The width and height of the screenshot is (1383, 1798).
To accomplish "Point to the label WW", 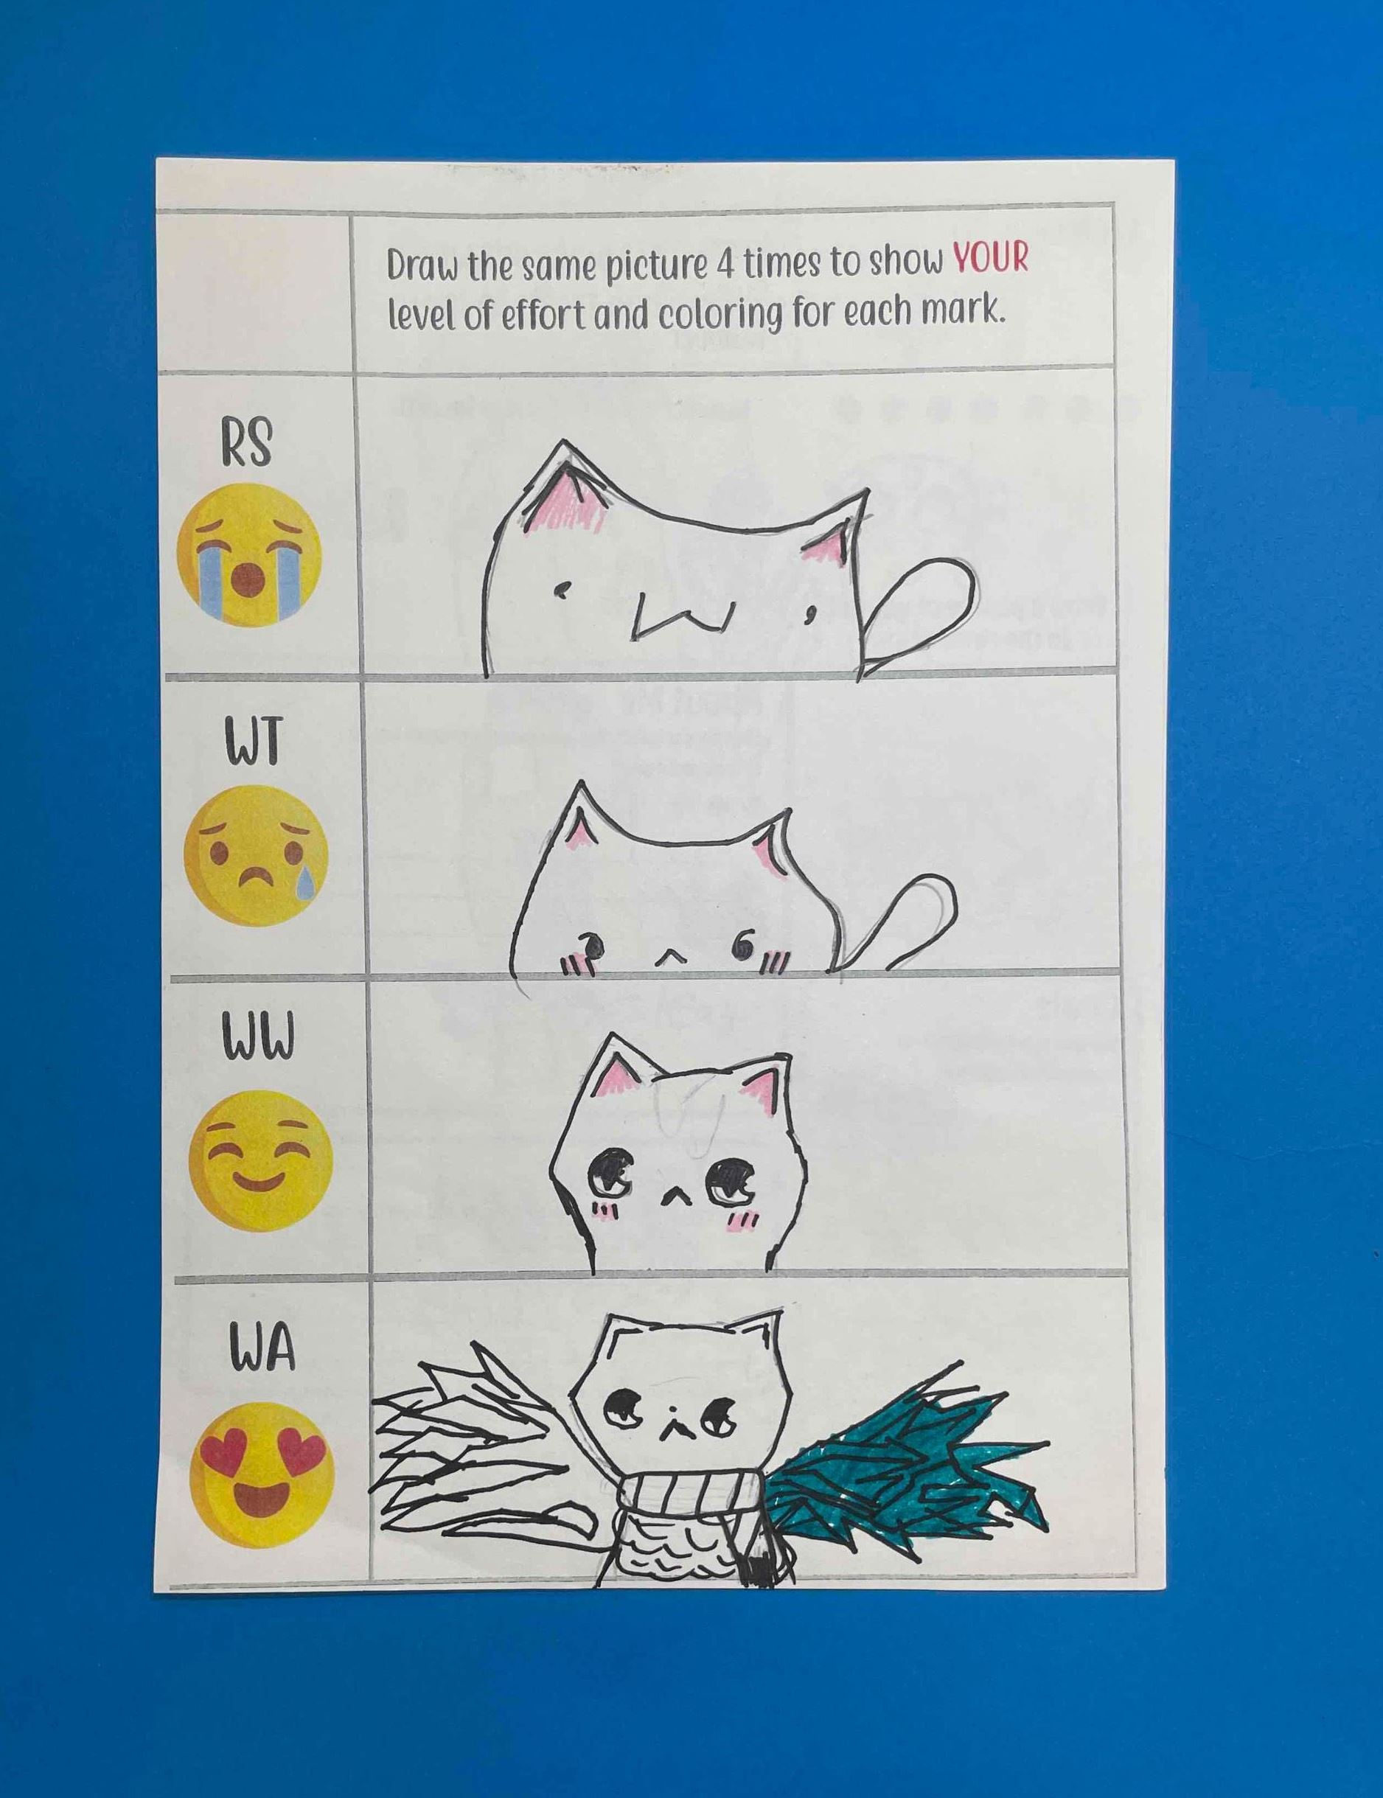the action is pyautogui.click(x=256, y=1041).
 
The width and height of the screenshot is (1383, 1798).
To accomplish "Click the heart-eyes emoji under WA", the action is pyautogui.click(x=262, y=1476).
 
